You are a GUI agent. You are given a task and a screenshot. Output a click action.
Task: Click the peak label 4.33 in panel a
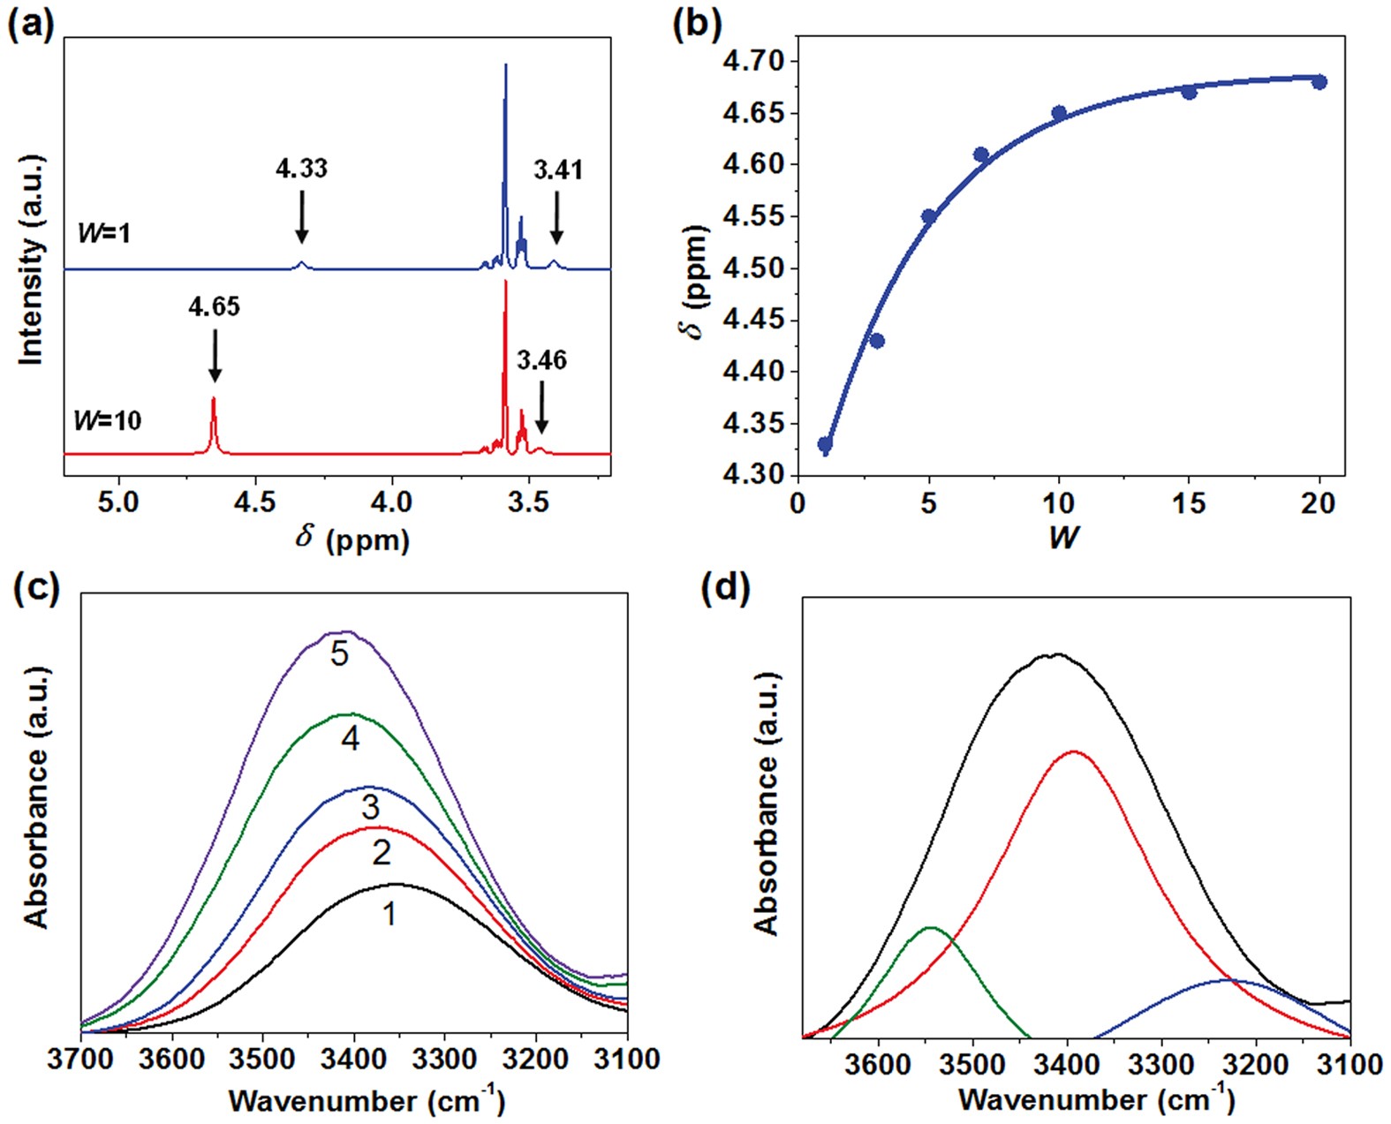(301, 168)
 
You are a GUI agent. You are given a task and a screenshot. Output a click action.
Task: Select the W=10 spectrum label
(107, 420)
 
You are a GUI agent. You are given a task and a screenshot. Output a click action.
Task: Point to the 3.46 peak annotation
(541, 360)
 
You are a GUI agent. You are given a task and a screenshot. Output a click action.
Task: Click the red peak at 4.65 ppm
(214, 403)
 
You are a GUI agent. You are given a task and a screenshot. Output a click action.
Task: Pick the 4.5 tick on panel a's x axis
(255, 502)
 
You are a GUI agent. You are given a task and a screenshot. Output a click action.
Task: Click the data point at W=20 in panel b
(1319, 82)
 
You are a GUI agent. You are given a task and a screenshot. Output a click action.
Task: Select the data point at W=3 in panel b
(877, 341)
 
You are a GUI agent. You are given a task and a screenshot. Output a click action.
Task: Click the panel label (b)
(698, 24)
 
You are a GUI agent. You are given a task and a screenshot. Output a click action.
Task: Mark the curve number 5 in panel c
(340, 654)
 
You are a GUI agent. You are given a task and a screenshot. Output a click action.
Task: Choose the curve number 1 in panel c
(389, 914)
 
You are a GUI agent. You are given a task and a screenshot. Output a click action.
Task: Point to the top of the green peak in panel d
(931, 928)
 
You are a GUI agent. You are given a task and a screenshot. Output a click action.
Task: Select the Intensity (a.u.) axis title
(32, 260)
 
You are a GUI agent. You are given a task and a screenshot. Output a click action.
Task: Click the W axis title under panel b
(1062, 537)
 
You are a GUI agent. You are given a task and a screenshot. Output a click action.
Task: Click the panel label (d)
(724, 590)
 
